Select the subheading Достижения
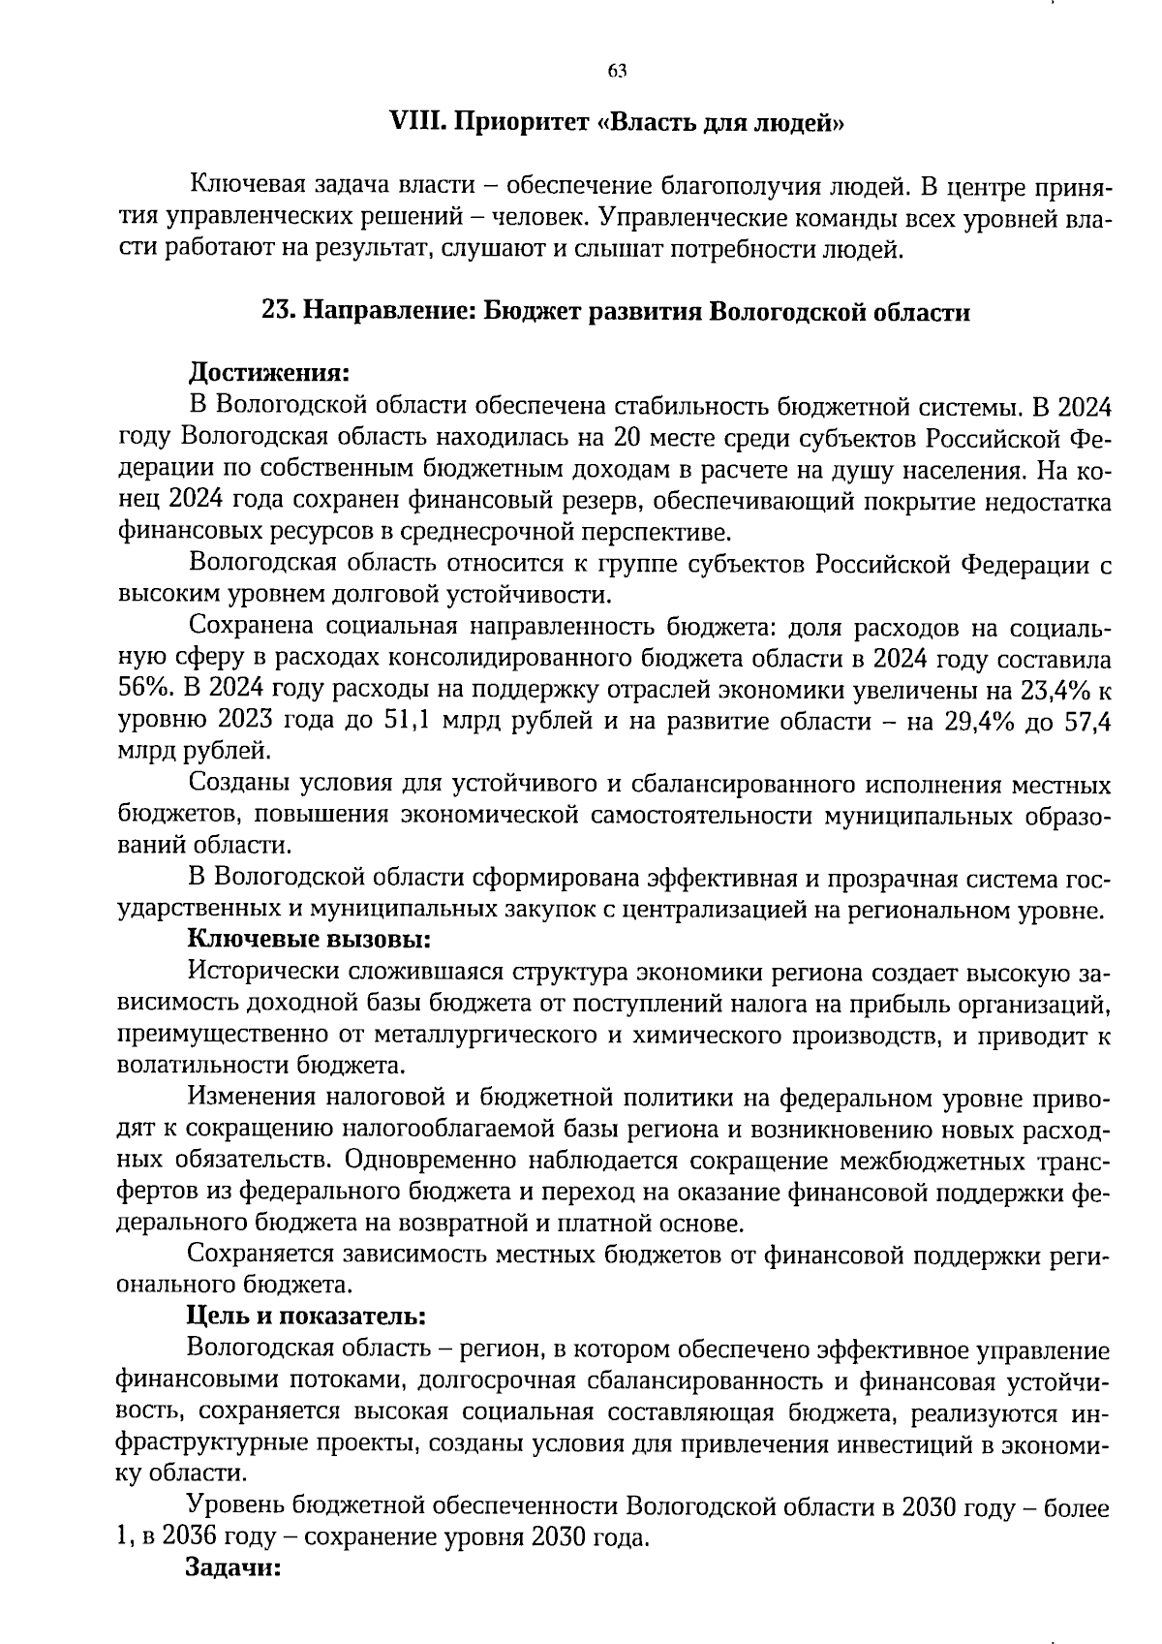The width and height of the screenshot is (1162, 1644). (267, 372)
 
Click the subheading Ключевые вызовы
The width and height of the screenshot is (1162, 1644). (308, 939)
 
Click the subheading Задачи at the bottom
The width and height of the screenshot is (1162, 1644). (232, 1567)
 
